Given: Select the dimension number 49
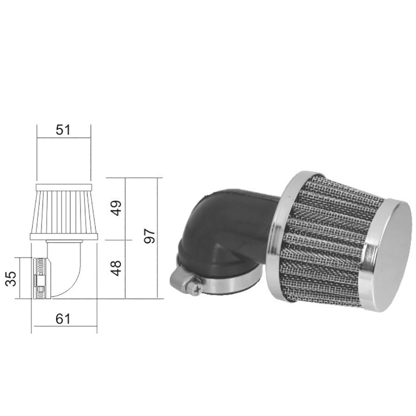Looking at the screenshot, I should click(117, 208).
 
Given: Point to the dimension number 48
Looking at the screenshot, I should click(117, 268).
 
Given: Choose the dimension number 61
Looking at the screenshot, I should click(63, 319).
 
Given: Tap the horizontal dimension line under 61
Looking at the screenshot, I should click(65, 326).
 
